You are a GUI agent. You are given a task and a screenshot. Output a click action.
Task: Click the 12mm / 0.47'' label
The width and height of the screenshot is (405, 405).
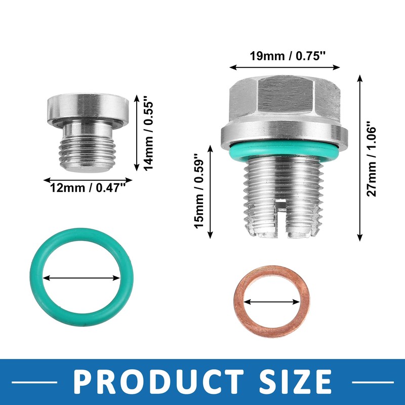87,188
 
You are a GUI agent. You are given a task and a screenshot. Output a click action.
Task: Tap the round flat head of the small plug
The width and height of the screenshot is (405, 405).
87,107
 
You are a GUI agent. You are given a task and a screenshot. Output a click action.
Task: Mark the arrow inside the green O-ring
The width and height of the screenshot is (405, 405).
82,277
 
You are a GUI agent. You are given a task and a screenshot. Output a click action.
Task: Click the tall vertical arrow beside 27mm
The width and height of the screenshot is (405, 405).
360,157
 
